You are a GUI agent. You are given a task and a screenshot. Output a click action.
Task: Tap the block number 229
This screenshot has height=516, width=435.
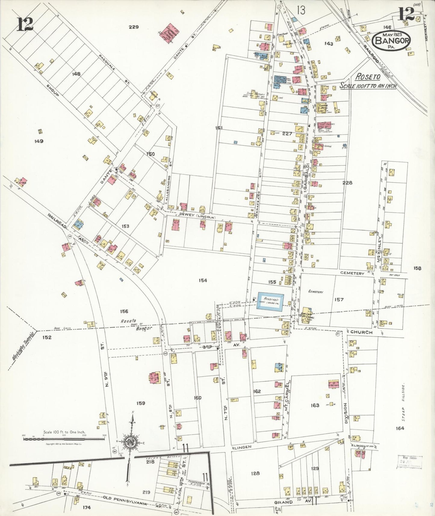[x=134, y=27]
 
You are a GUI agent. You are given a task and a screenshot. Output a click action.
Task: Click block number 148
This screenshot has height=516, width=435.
[x=76, y=74]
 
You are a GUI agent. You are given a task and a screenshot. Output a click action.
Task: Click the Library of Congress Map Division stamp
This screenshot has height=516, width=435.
[x=410, y=462]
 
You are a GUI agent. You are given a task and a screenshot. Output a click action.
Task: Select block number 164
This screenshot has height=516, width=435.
[x=400, y=428]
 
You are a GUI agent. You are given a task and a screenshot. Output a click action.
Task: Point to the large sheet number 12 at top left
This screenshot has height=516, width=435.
[x=25, y=25]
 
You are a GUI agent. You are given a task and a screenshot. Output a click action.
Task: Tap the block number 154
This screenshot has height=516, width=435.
[x=203, y=281]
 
